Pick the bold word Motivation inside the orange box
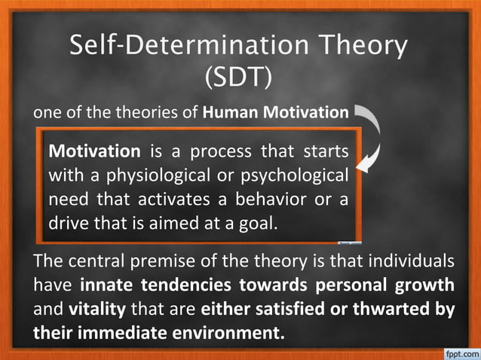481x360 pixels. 94,151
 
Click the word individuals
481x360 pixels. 408,262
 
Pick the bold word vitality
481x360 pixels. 98,309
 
